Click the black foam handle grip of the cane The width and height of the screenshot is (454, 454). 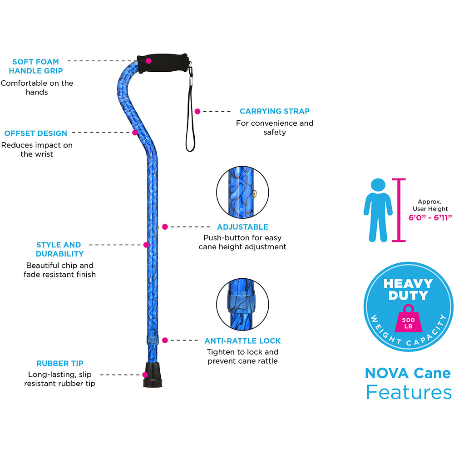tap(163, 63)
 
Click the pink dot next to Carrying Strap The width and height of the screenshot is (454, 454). tap(197, 112)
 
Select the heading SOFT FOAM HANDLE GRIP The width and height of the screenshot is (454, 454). tap(35, 66)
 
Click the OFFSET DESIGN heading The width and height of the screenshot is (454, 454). tap(35, 133)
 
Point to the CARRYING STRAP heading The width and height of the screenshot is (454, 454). tap(275, 111)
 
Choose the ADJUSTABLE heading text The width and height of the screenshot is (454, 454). tap(242, 227)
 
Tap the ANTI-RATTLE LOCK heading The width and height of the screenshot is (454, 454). tap(242, 341)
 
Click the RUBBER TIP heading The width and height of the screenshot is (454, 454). tap(60, 363)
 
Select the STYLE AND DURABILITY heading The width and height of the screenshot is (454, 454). tap(59, 249)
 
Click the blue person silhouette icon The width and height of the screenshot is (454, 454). tap(378, 210)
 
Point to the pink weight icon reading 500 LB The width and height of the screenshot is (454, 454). tap(408, 319)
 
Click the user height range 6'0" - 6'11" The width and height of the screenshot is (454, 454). tap(430, 217)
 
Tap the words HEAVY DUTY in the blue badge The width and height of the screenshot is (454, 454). tap(408, 289)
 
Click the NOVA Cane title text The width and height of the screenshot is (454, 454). tap(408, 373)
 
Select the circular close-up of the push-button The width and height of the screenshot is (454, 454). tap(242, 192)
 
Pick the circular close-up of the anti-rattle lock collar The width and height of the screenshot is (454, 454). tap(242, 304)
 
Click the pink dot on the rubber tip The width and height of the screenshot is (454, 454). tap(145, 375)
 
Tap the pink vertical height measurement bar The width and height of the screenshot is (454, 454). tap(399, 210)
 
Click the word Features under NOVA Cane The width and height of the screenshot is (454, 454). tap(409, 392)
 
